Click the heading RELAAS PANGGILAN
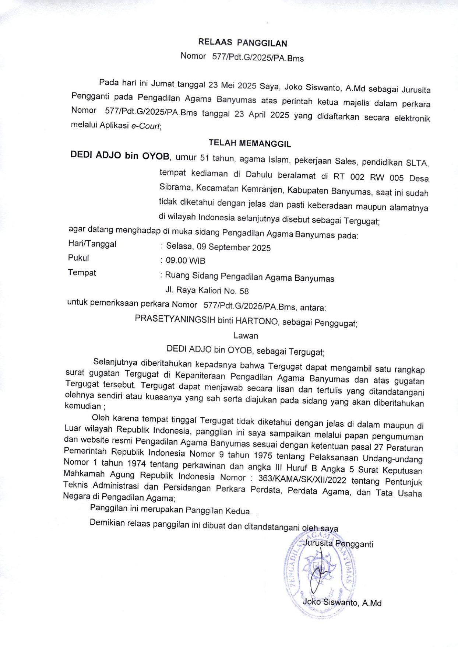tap(242, 43)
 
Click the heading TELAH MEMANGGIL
tap(250, 143)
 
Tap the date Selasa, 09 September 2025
tap(218, 247)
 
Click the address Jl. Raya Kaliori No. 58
tap(207, 290)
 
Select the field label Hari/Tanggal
tap(92, 244)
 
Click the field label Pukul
tap(78, 258)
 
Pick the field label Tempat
tap(82, 273)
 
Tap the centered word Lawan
tap(246, 336)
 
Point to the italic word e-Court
tap(147, 126)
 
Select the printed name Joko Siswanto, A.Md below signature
tap(342, 603)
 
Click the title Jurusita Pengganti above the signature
tap(338, 544)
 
